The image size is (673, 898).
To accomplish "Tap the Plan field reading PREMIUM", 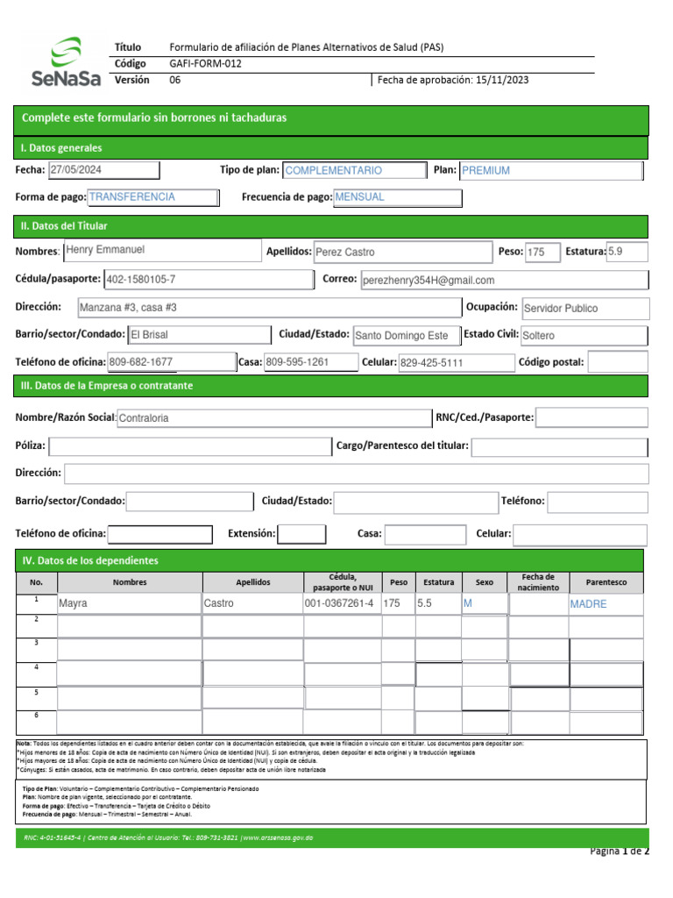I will (x=549, y=171).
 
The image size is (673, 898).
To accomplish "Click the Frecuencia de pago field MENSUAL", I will (x=397, y=197).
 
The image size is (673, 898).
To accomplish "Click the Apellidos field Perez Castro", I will (x=402, y=252).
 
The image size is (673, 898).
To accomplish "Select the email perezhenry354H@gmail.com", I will (x=504, y=280).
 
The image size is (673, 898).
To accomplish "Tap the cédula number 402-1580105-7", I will (x=207, y=280).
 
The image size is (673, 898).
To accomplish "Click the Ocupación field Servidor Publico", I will (x=584, y=309).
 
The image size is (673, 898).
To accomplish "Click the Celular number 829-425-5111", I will (x=453, y=362).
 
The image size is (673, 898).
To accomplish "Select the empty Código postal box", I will (x=616, y=362).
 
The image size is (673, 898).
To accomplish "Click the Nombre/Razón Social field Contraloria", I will (x=273, y=418).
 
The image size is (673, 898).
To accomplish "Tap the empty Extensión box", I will (x=301, y=533).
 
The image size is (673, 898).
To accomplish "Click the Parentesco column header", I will (x=605, y=582).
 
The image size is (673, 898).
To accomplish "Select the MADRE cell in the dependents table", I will (x=605, y=604).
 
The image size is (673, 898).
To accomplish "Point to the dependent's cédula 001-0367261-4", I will (x=342, y=604).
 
